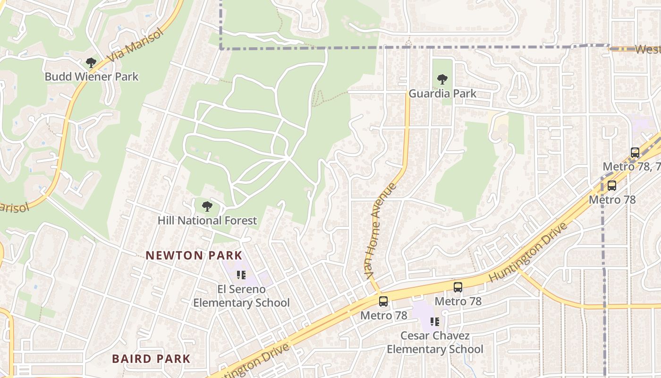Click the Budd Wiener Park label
pyautogui.click(x=92, y=77)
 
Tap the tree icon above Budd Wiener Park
pyautogui.click(x=91, y=63)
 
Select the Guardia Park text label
pyautogui.click(x=442, y=94)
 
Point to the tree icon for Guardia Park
pyautogui.click(x=442, y=79)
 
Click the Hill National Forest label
pyautogui.click(x=207, y=221)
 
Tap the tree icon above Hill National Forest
pyautogui.click(x=207, y=206)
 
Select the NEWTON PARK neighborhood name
pyautogui.click(x=194, y=256)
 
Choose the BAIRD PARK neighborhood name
pyautogui.click(x=151, y=359)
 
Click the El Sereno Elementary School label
pyautogui.click(x=241, y=296)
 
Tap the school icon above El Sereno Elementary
pyautogui.click(x=241, y=275)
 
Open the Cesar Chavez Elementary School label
pyautogui.click(x=435, y=343)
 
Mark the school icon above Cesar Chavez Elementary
pyautogui.click(x=435, y=322)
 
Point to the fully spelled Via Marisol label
pyautogui.click(x=136, y=46)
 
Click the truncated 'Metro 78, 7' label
pyautogui.click(x=631, y=167)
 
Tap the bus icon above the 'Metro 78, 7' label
pyautogui.click(x=635, y=153)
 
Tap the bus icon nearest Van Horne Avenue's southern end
pyautogui.click(x=383, y=301)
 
